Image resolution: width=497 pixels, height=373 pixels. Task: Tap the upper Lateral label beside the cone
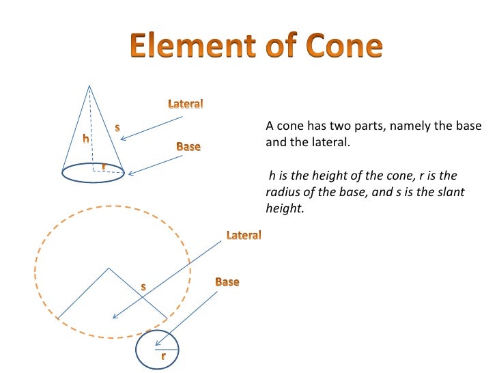pyautogui.click(x=186, y=104)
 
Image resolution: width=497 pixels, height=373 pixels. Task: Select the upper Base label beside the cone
pyautogui.click(x=188, y=146)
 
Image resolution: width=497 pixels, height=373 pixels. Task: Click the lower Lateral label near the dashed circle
pyautogui.click(x=244, y=235)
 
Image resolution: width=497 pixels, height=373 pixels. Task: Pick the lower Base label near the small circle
pyautogui.click(x=227, y=281)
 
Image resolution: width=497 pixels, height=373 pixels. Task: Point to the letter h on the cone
pyautogui.click(x=86, y=139)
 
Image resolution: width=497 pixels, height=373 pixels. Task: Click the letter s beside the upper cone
pyautogui.click(x=117, y=127)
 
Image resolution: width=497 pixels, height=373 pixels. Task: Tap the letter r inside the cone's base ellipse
pyautogui.click(x=103, y=166)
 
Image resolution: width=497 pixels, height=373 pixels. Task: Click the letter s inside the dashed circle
pyautogui.click(x=143, y=287)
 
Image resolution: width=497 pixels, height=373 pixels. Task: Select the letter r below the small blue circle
pyautogui.click(x=163, y=357)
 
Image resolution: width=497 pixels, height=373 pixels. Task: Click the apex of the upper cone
pyautogui.click(x=89, y=86)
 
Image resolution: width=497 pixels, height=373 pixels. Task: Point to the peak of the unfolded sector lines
pyautogui.click(x=109, y=268)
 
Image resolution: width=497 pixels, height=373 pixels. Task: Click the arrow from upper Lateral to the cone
pyautogui.click(x=152, y=128)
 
